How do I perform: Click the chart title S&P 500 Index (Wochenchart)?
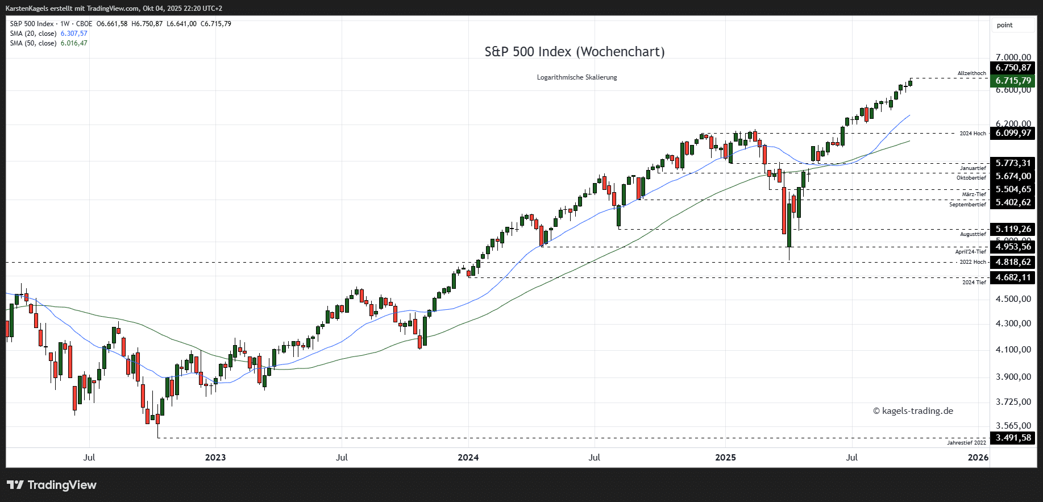tap(574, 52)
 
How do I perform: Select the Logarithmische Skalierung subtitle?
tap(576, 77)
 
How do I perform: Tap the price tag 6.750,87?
tap(1013, 68)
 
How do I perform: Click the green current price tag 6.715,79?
tap(1013, 81)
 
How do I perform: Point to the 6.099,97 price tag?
tap(1013, 133)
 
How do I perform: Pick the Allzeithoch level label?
tap(971, 73)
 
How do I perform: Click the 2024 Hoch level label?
tap(973, 134)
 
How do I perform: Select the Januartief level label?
tap(973, 168)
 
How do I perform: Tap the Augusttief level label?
tap(973, 234)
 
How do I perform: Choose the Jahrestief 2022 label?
tap(966, 443)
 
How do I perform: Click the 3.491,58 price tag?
tap(1013, 438)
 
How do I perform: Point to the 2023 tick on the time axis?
tap(215, 458)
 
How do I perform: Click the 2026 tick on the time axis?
tap(978, 458)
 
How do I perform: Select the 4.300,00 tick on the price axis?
tap(1013, 323)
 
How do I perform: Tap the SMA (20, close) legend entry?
tap(33, 34)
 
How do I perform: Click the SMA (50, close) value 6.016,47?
tap(74, 43)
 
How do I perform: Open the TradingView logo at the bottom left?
tap(52, 485)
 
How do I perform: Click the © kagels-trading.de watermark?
tap(913, 411)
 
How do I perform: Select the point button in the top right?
tap(1004, 25)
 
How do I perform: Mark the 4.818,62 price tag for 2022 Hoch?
tap(1013, 262)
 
